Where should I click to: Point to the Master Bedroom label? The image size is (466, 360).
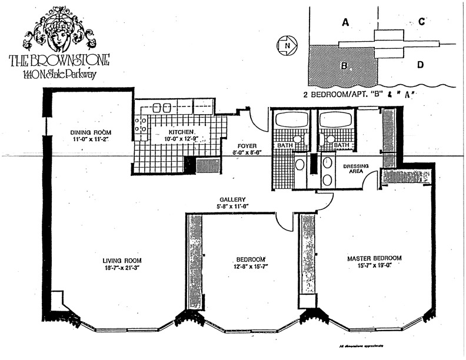coord(374,258)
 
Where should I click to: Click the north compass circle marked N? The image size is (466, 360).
coord(287,45)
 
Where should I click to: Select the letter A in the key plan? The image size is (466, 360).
coord(345,22)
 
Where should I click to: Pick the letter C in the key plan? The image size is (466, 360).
coord(422,22)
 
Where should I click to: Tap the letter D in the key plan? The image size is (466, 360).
coord(421,65)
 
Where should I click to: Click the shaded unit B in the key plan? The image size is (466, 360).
coord(341,65)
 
